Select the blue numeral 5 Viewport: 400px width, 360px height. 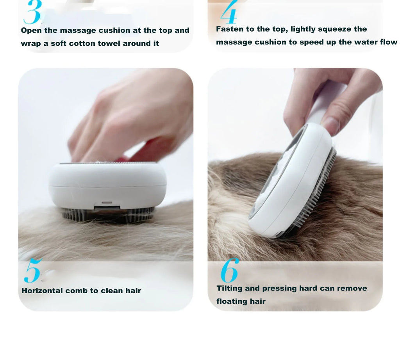(32, 271)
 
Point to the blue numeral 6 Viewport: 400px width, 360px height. (229, 270)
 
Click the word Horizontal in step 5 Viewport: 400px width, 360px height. (42, 290)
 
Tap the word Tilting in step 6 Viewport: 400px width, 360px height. (229, 289)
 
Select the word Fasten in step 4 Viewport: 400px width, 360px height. (230, 29)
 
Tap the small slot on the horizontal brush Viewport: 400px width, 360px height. (107, 203)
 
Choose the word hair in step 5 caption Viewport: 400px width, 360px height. (133, 290)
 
